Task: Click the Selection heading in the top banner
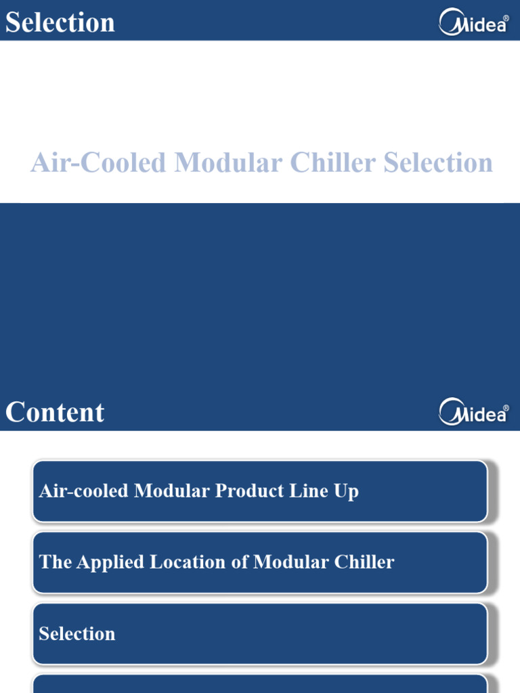tap(60, 22)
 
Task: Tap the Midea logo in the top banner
tap(473, 22)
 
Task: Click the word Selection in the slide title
tap(438, 163)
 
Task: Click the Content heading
tap(55, 412)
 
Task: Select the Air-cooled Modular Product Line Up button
tap(260, 491)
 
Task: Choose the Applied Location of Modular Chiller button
tap(260, 562)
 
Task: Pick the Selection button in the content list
tap(260, 633)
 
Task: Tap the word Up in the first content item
tap(347, 492)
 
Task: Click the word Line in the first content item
tap(303, 491)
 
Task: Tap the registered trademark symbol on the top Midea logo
tap(506, 18)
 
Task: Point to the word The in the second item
tap(51, 562)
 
